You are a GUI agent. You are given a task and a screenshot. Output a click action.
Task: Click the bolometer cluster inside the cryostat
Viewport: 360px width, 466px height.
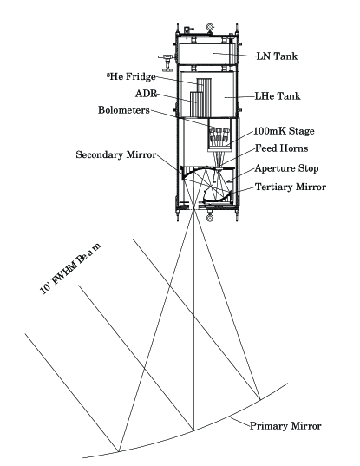pyautogui.click(x=218, y=138)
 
